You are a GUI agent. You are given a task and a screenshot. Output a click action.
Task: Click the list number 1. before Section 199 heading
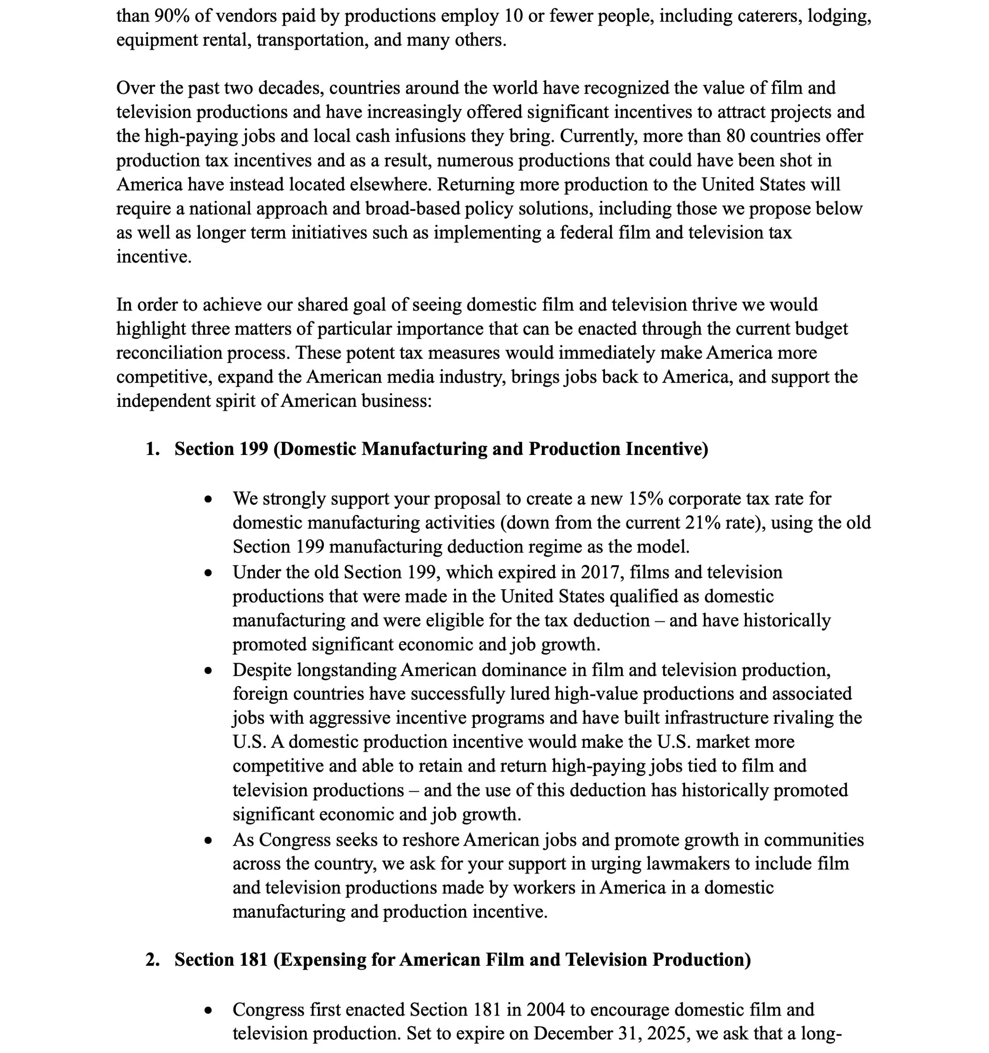153,449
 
